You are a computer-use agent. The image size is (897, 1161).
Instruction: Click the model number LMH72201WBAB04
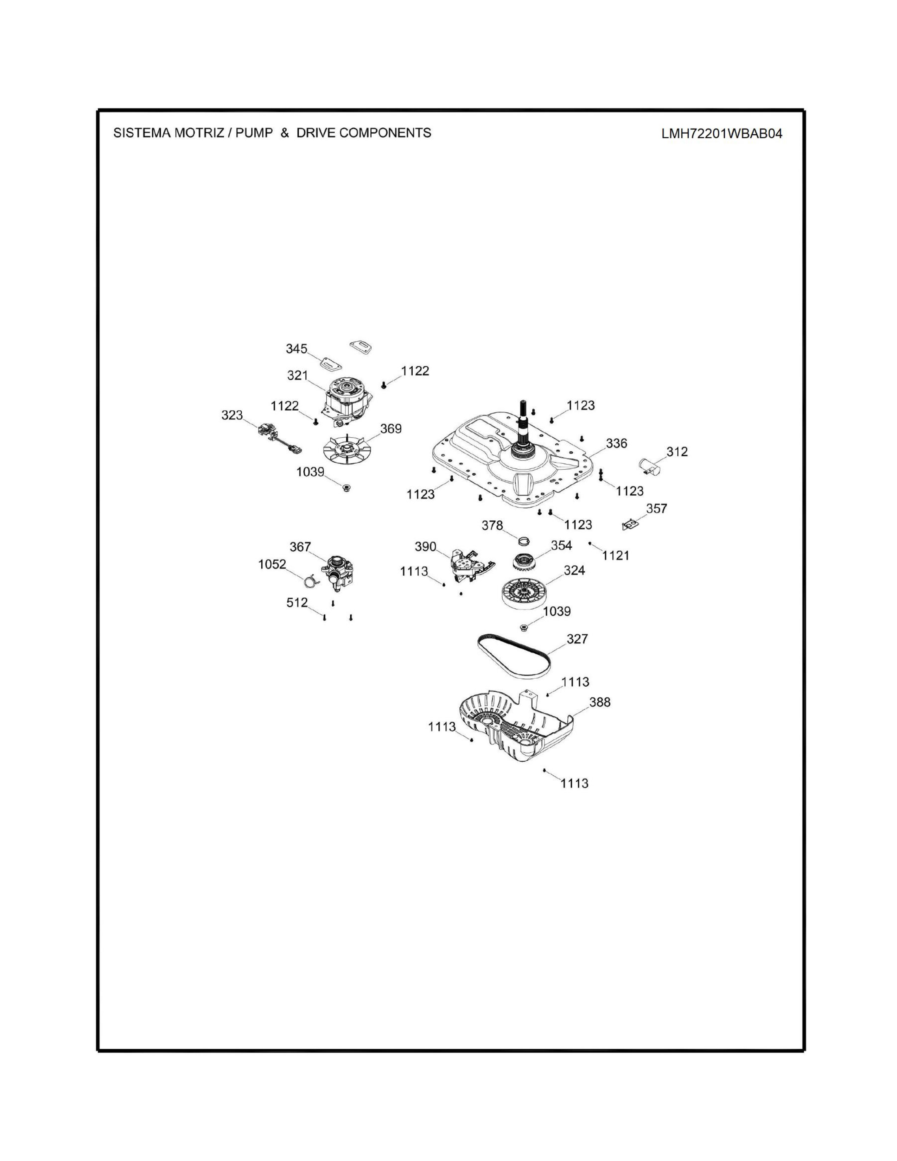721,133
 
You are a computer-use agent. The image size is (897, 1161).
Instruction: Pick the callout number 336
616,443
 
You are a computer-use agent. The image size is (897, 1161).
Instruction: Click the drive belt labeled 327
513,655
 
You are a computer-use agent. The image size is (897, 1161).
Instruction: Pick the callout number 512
297,602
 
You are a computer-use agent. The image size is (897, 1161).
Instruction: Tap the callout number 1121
615,556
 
